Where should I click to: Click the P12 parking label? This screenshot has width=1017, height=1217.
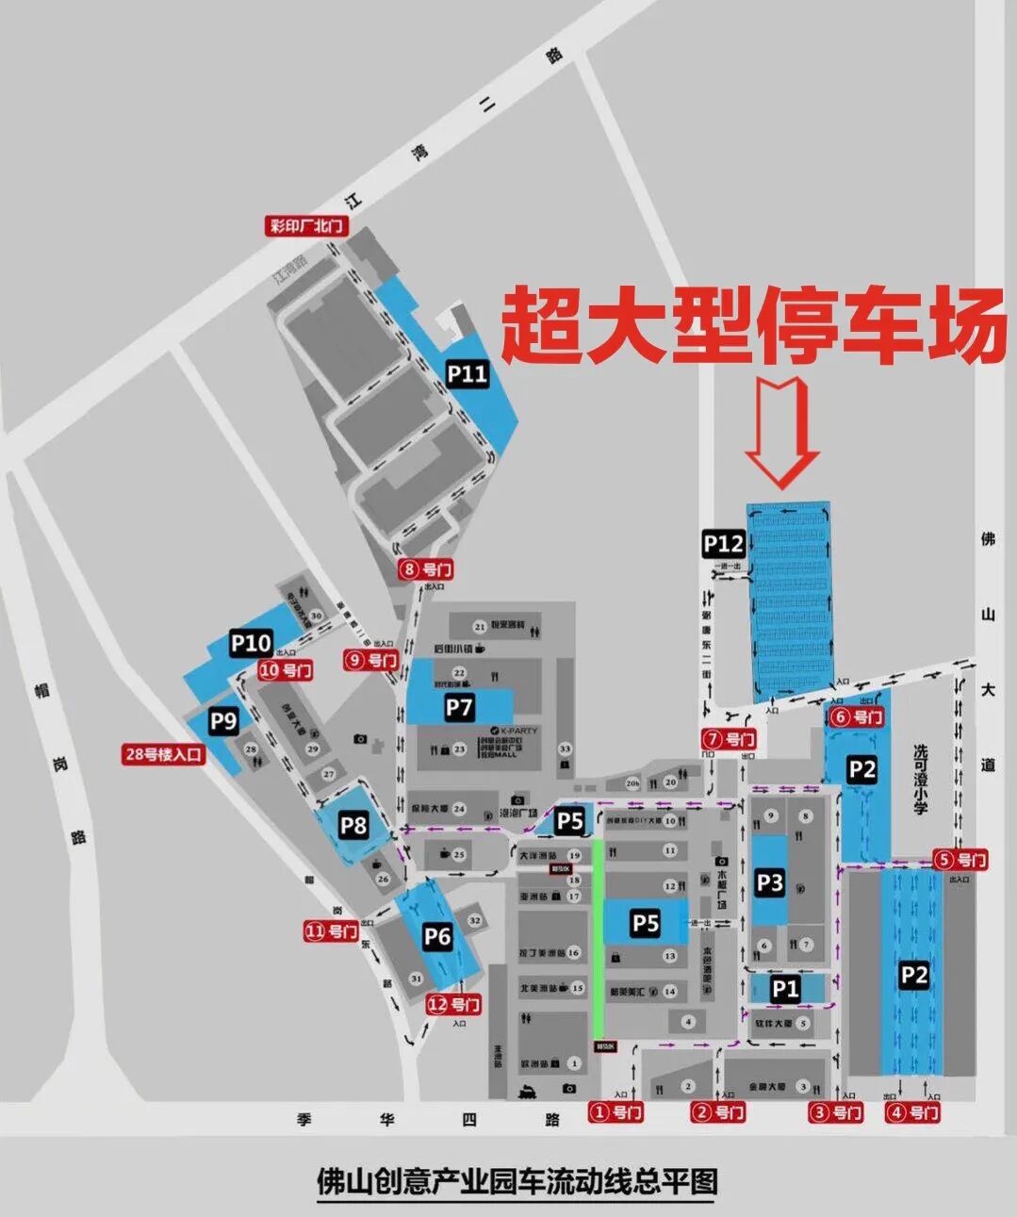724,544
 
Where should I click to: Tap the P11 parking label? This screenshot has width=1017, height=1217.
467,374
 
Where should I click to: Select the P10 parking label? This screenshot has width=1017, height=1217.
251,644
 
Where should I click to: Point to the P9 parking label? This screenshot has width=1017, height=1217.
223,721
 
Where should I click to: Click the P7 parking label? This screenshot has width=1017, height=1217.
459,707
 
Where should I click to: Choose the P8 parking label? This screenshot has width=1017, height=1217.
353,826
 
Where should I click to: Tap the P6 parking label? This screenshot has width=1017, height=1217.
437,936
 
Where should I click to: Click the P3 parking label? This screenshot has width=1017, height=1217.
770,882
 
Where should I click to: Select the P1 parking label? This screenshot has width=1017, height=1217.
785,989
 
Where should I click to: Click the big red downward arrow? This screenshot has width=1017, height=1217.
781,432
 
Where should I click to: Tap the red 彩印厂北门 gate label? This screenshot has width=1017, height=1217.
307,226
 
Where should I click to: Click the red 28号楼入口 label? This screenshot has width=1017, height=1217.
164,754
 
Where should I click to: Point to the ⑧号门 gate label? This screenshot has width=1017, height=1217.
426,569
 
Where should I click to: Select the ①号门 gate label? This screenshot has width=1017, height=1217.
616,1112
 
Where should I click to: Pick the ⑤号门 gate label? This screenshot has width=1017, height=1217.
960,859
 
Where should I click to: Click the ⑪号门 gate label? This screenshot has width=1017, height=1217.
331,931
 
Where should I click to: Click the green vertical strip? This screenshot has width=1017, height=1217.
598,938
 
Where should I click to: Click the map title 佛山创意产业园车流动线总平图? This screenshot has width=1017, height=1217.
517,1182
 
